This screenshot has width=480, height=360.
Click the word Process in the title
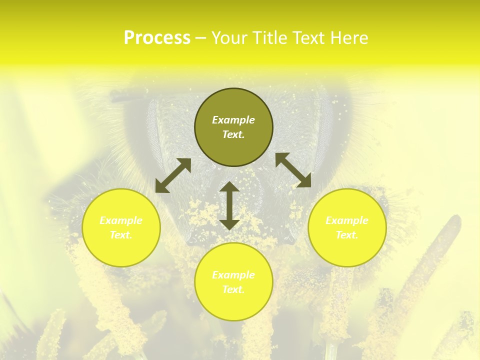pos(157,38)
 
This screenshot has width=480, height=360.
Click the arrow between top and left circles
pos(173,175)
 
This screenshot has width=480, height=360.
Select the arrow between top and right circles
pos(293,170)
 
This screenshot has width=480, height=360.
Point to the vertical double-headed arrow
pos(229,205)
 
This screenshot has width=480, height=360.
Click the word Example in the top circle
pos(233,120)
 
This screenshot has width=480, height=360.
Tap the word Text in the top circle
pos(233,134)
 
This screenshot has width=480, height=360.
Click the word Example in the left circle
pos(121,220)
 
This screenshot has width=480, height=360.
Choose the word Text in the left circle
pos(121,235)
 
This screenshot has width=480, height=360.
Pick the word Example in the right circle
pos(347,220)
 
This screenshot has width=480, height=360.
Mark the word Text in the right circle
pos(347,235)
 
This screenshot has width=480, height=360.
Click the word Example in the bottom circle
pos(233,275)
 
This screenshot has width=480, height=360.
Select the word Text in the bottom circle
pos(233,289)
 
